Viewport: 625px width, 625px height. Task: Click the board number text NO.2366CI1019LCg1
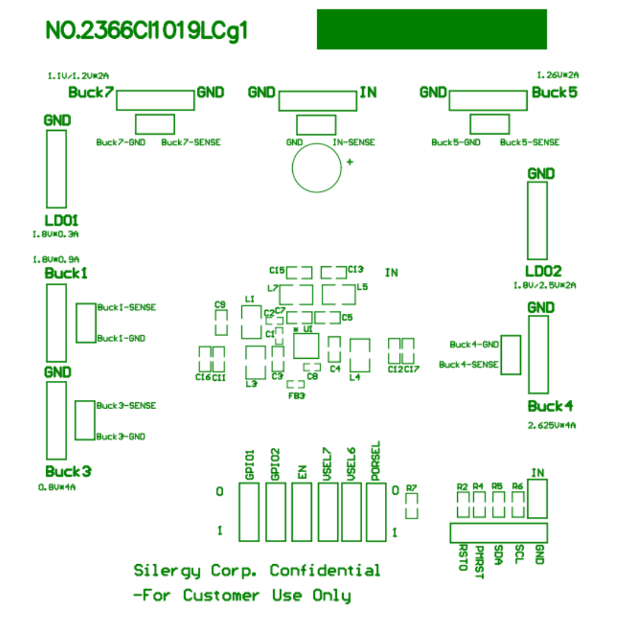click(x=147, y=31)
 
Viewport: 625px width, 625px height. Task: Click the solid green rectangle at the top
click(x=432, y=30)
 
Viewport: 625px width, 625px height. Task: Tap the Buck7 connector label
click(x=91, y=92)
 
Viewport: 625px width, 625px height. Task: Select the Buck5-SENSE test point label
click(x=530, y=142)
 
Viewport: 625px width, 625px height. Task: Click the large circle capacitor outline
click(x=316, y=168)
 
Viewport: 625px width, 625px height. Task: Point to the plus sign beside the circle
click(x=349, y=163)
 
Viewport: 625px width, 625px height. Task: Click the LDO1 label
click(x=61, y=221)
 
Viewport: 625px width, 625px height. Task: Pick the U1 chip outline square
click(x=306, y=346)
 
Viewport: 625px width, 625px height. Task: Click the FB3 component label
click(x=296, y=396)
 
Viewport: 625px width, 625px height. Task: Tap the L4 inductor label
click(x=355, y=378)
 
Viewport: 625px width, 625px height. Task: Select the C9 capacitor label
click(x=219, y=304)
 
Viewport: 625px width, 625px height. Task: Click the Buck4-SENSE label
click(x=468, y=365)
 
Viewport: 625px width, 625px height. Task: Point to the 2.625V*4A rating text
click(x=552, y=425)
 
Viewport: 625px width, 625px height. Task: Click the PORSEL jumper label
click(x=375, y=461)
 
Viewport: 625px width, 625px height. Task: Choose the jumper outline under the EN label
click(x=301, y=512)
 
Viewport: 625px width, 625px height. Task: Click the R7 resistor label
click(x=411, y=488)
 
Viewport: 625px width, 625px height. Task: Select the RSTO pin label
click(x=462, y=557)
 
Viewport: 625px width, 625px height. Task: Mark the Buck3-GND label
click(x=120, y=436)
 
